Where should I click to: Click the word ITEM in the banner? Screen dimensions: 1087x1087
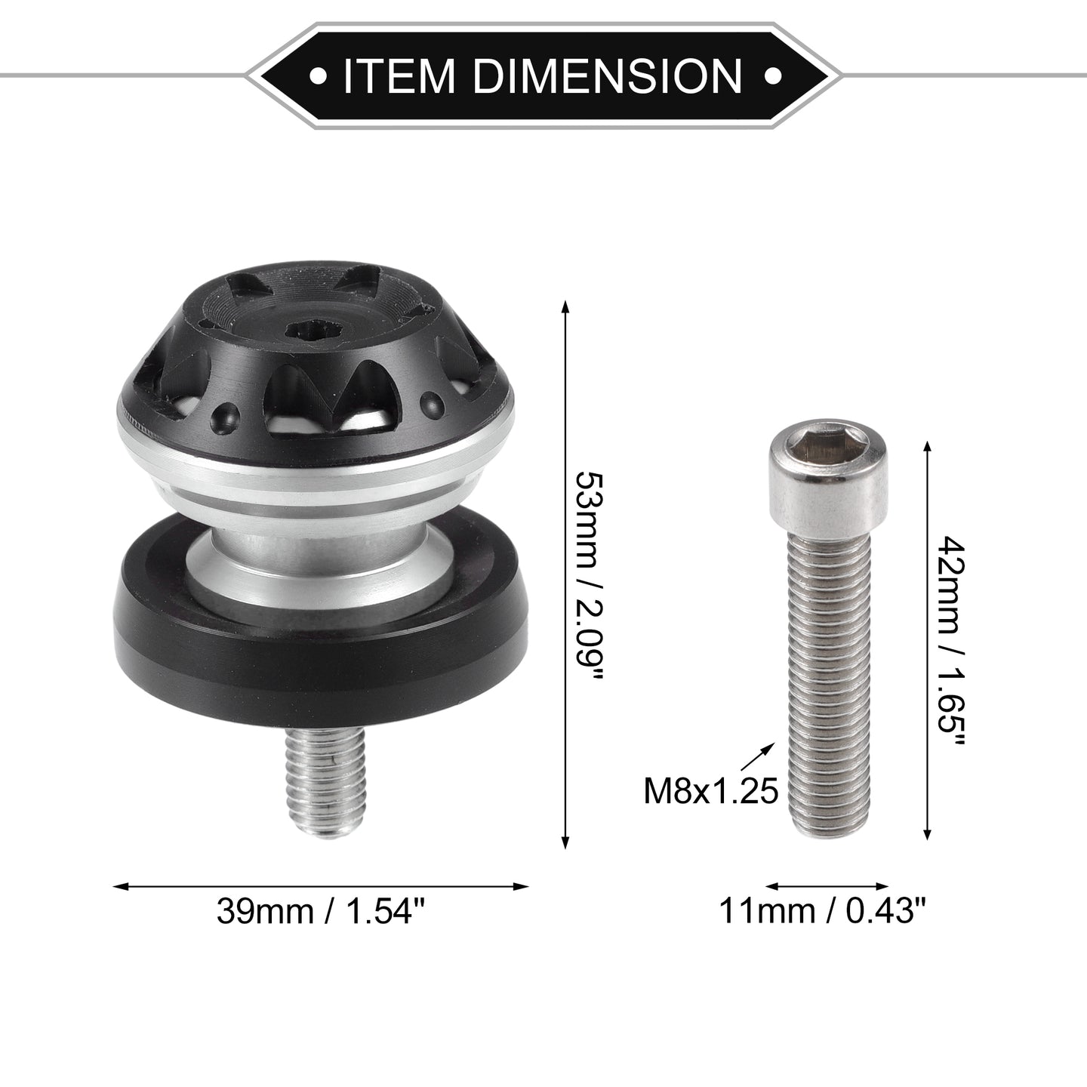(x=399, y=75)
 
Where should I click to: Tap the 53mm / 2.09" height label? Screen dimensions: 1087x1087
(x=590, y=575)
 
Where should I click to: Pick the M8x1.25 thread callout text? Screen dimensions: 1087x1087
(x=711, y=791)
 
